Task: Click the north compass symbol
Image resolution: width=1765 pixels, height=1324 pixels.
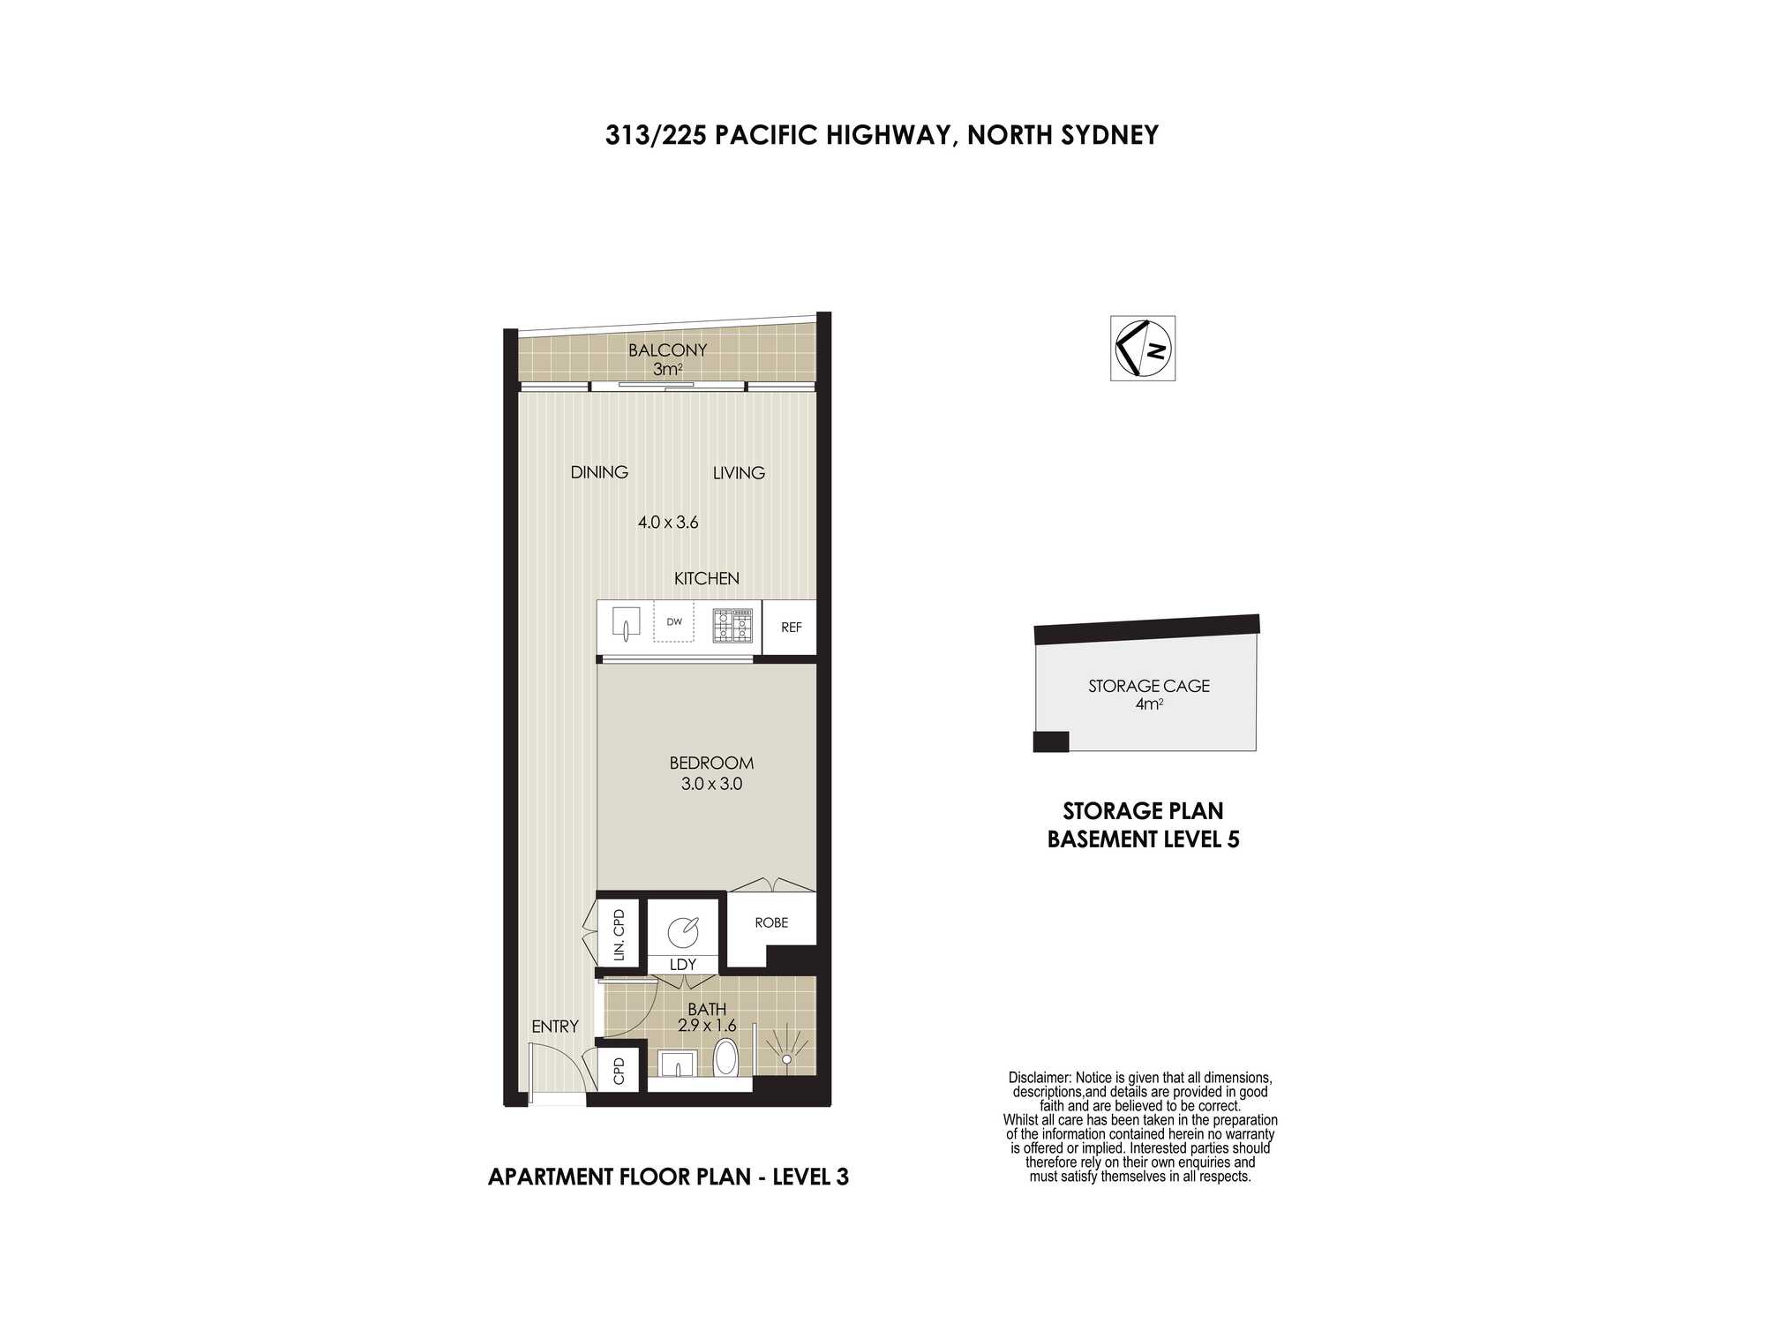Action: [x=1143, y=349]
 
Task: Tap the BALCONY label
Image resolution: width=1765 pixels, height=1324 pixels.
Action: [x=667, y=350]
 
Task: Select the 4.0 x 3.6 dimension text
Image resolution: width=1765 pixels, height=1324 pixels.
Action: [x=668, y=523]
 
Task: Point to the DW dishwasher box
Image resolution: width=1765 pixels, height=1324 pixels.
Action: [x=674, y=622]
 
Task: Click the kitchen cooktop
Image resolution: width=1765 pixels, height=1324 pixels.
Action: [x=732, y=625]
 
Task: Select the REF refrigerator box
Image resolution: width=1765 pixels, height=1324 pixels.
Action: [x=790, y=628]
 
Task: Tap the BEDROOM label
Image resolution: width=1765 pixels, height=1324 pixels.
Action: [x=711, y=763]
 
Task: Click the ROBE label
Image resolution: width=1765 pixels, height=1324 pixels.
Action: [x=771, y=922]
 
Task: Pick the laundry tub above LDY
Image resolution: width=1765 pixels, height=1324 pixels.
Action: [x=682, y=932]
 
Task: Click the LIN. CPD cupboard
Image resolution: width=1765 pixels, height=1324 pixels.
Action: [x=619, y=935]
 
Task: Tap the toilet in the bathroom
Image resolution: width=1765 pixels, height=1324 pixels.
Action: [x=725, y=1057]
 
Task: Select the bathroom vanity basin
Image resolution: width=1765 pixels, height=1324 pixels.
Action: [x=678, y=1064]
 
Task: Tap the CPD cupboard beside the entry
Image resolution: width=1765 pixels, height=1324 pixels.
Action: [x=619, y=1071]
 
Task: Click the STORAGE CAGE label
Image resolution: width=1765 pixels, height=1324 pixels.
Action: [x=1149, y=686]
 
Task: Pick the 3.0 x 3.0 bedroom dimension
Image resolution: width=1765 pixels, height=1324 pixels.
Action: [x=711, y=784]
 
